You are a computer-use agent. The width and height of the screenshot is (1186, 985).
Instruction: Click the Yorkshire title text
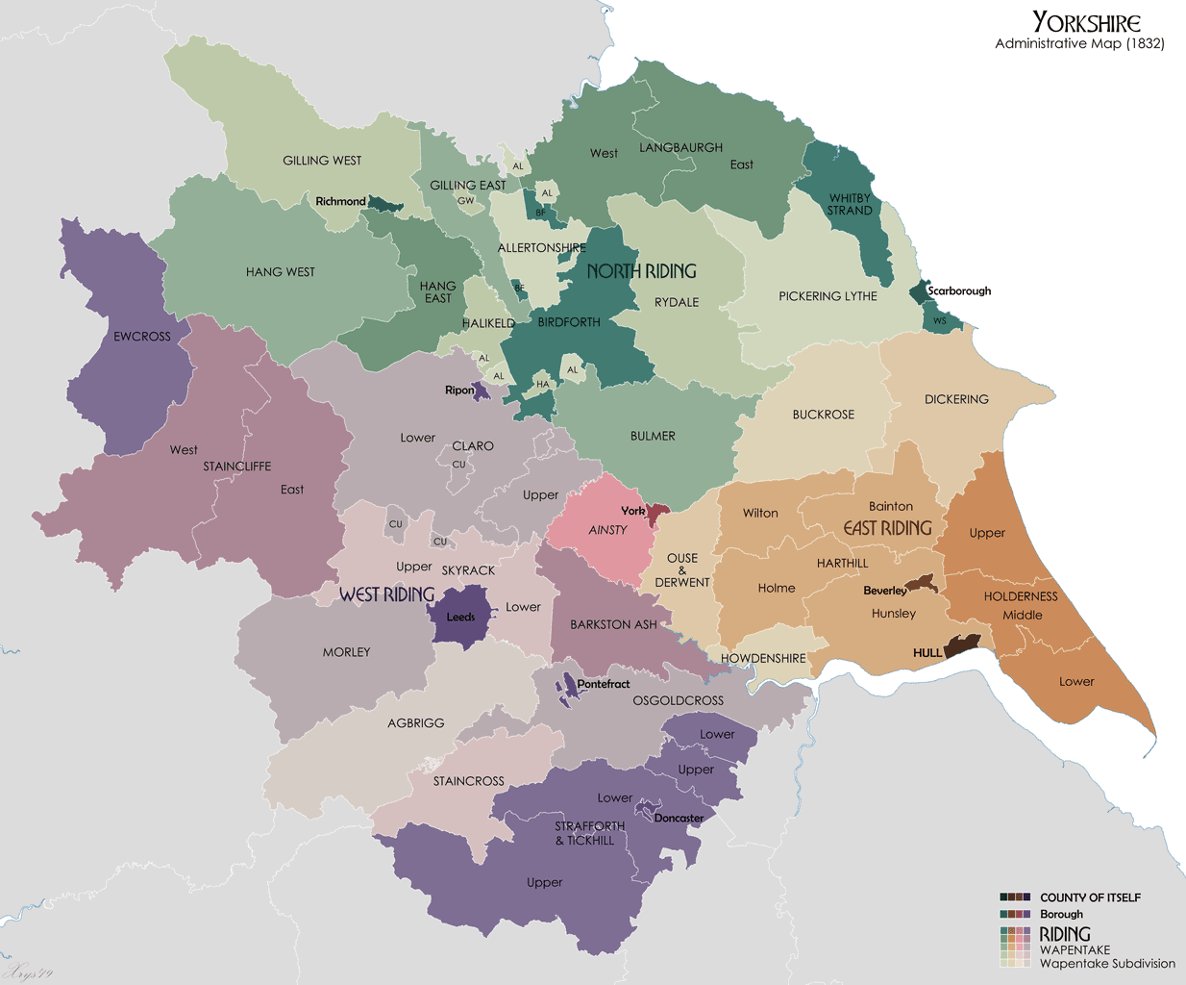1086,22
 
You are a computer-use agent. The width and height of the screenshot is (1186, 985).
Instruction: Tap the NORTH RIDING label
641,271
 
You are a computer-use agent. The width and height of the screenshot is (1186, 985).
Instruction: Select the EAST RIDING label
887,528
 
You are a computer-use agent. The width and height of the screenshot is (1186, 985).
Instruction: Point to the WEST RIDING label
386,594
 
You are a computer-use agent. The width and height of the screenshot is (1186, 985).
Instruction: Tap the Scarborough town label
958,290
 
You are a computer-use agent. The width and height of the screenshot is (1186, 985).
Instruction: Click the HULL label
927,652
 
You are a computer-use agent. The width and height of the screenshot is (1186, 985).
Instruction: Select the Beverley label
884,591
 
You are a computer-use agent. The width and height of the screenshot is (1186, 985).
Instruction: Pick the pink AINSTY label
607,530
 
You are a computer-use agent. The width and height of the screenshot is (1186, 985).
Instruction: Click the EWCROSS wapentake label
142,337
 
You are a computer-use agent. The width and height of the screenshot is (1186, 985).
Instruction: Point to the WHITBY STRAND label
851,204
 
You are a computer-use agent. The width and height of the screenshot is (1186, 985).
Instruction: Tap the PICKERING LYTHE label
828,296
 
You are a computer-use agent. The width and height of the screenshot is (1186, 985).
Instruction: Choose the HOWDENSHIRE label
763,658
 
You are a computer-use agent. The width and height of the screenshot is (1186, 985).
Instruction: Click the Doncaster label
679,819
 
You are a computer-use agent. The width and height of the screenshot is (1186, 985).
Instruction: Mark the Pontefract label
604,684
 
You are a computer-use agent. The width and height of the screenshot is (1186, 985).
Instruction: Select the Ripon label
459,390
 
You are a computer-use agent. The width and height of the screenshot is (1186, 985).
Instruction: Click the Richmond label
340,201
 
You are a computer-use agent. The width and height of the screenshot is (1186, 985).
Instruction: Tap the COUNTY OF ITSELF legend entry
1090,897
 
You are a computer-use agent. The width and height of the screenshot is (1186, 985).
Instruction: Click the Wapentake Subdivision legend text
1107,963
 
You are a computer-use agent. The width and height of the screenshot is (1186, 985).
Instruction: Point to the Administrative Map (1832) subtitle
1079,43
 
